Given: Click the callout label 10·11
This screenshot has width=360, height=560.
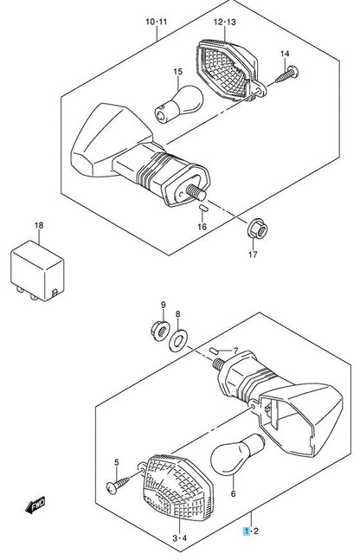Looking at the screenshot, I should [x=157, y=20].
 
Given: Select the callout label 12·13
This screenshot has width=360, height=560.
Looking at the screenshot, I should [x=224, y=20].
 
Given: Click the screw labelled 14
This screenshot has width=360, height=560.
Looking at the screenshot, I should [x=286, y=75].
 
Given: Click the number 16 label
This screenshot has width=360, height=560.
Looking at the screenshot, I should [x=202, y=226].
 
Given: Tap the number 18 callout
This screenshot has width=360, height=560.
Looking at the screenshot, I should [x=37, y=226].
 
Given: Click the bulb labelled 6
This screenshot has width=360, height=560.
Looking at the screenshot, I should [x=227, y=456].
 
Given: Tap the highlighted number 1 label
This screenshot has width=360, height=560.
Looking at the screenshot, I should [x=247, y=529].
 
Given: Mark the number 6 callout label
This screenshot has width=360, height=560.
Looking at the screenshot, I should [x=232, y=494].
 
